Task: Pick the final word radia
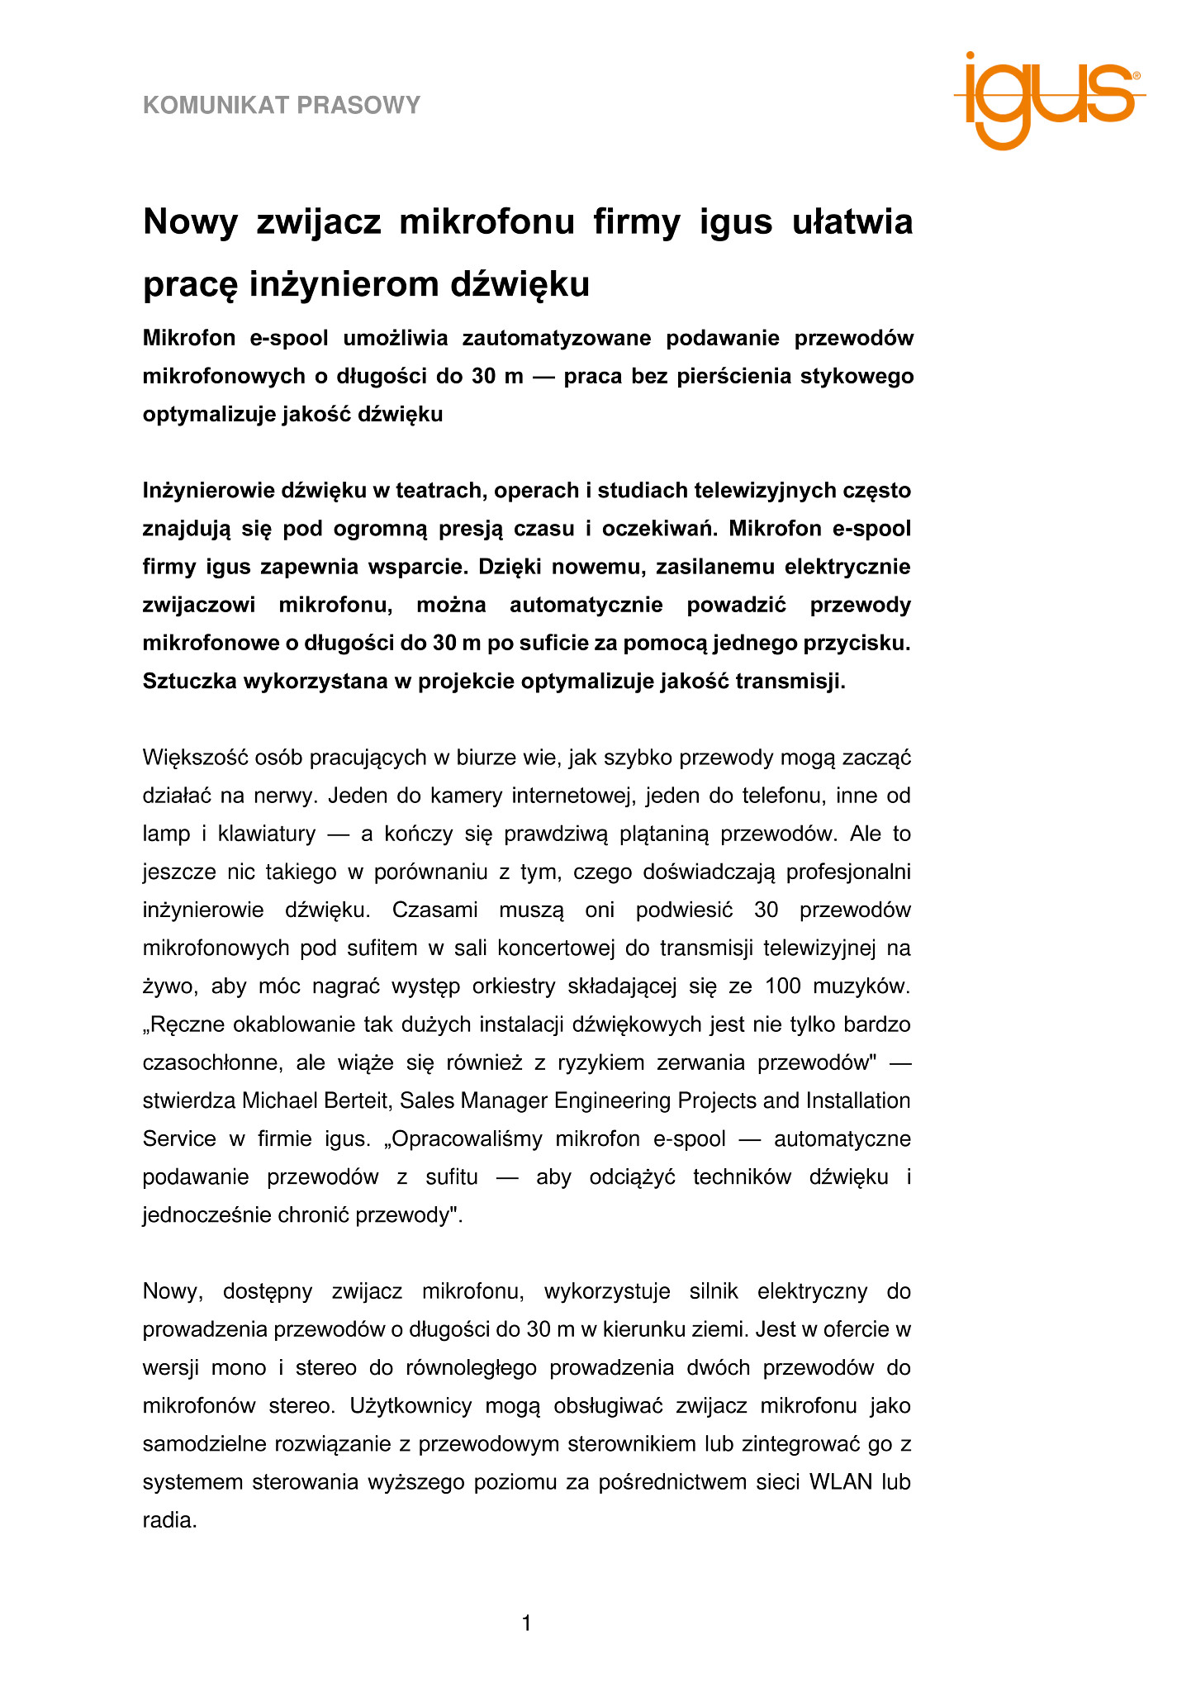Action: tap(169, 1519)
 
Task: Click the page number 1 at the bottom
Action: tap(527, 1623)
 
